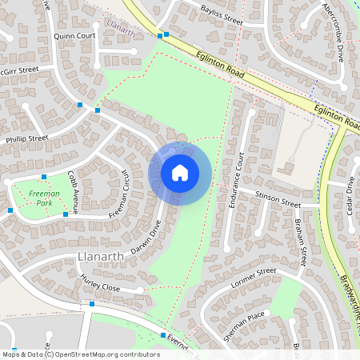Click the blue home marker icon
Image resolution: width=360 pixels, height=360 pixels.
pos(180,172)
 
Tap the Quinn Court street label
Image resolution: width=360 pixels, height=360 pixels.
pos(74,36)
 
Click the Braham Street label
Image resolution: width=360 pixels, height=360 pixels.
pos(300,242)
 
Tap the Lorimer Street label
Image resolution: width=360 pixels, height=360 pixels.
pos(254,277)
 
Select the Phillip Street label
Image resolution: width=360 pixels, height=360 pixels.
pos(26,138)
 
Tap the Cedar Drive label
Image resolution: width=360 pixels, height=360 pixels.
pos(350,195)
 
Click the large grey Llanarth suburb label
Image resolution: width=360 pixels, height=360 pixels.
pos(100,256)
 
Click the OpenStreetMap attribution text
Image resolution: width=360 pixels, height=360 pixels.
pos(80,354)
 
